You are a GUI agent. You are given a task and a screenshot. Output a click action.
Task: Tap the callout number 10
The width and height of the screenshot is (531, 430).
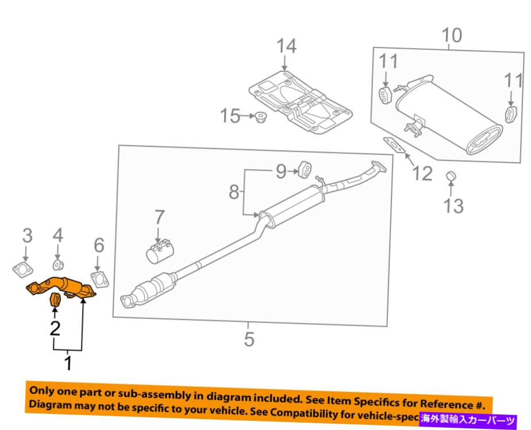point(451,36)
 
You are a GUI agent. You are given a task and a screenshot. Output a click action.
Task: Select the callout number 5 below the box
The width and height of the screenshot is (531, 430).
point(248,339)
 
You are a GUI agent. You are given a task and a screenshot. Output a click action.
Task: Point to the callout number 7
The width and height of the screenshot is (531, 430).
point(159,217)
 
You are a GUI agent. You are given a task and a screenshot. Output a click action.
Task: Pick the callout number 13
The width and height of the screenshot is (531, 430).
point(454,205)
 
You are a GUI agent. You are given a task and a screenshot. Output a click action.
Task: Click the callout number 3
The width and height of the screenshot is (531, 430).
point(27,236)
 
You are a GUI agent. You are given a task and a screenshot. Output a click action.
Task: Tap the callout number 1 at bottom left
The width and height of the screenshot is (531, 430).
point(68,363)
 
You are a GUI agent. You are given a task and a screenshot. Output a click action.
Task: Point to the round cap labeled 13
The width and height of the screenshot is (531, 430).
point(451,176)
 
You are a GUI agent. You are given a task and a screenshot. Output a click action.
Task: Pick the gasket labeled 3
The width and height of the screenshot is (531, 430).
point(22,269)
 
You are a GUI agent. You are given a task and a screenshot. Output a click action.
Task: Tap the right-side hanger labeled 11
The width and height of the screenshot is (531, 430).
point(509,113)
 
